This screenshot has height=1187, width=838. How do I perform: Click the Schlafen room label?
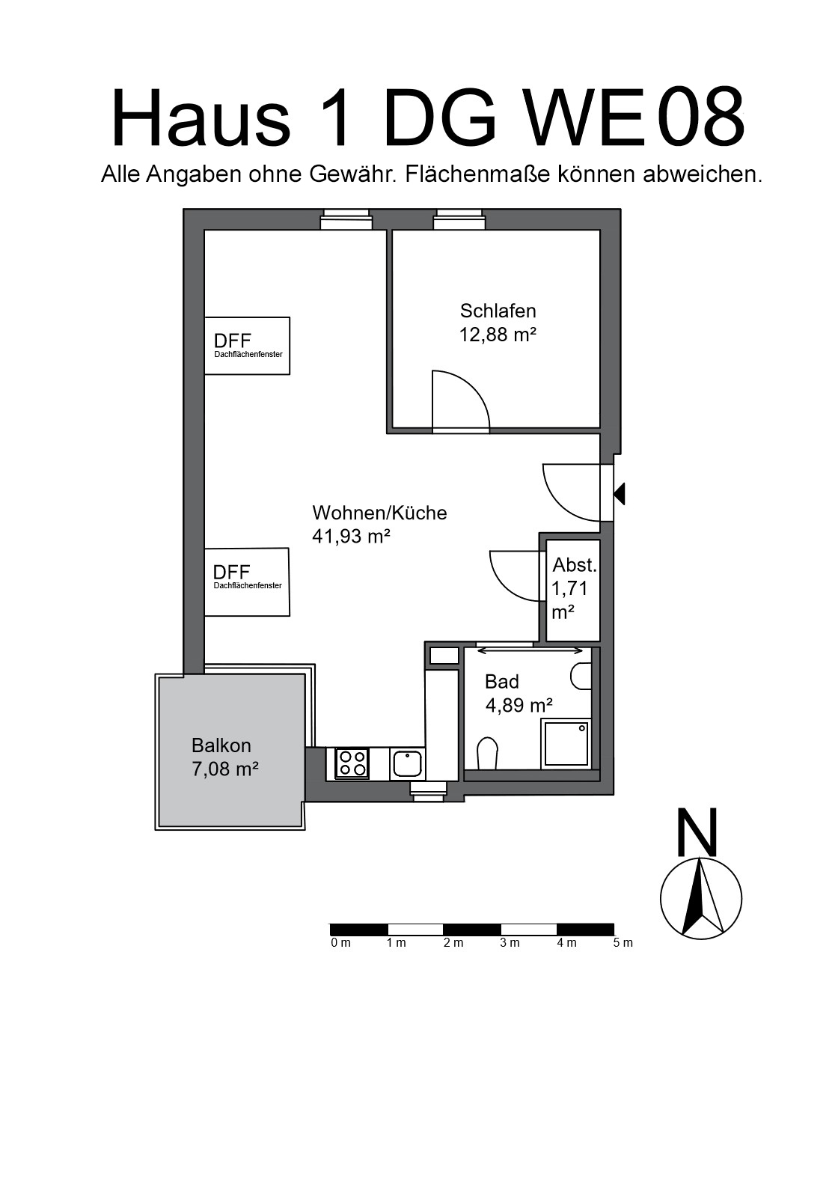[498, 311]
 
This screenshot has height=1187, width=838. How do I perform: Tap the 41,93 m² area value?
[351, 537]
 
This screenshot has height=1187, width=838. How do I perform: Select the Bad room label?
[501, 682]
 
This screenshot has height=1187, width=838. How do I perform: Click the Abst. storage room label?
[575, 565]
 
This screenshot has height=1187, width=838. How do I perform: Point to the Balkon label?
[221, 745]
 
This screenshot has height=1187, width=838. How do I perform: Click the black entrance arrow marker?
[620, 494]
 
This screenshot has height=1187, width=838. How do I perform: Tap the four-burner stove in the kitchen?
[352, 763]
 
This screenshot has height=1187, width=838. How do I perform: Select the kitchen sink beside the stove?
[407, 763]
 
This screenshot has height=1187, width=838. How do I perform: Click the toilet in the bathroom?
[487, 753]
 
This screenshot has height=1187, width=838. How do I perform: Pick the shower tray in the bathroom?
[566, 743]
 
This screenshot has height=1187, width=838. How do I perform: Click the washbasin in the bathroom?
[581, 676]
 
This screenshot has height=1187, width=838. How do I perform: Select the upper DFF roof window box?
[248, 346]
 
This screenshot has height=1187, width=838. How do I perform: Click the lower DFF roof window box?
[247, 582]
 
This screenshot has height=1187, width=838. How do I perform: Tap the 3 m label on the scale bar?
[510, 943]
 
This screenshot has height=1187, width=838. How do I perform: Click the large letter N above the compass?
[697, 832]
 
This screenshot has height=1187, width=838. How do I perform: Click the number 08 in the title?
[701, 117]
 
